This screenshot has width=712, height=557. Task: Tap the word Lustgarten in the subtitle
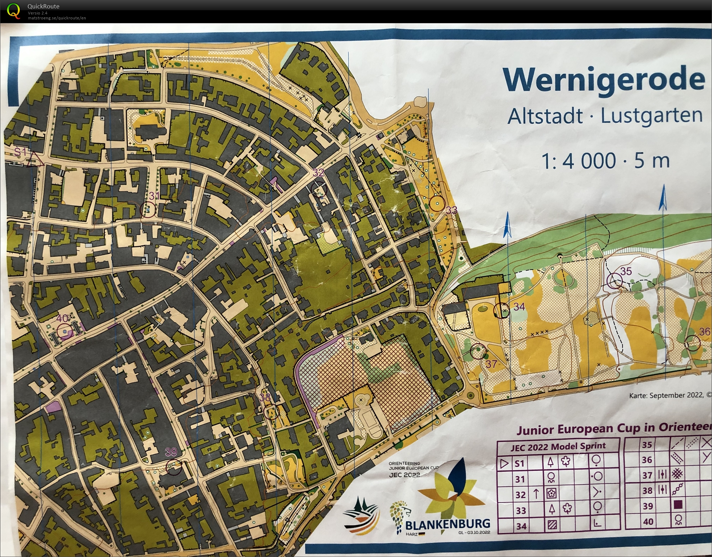tap(651, 116)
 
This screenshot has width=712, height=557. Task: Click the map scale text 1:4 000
tap(579, 161)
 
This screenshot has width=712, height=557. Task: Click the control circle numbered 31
tap(147, 210)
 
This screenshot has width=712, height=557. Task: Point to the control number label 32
tap(318, 172)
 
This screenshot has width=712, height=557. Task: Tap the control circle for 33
tap(437, 204)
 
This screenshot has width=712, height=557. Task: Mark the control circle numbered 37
tap(478, 351)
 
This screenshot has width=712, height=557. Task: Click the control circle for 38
tap(271, 411)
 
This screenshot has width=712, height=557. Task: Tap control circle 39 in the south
tap(174, 467)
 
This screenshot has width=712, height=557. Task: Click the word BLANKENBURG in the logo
tap(448, 524)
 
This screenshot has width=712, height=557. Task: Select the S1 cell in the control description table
tap(519, 463)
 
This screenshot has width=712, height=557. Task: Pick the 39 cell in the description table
tap(648, 506)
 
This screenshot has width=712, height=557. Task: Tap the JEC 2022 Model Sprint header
tap(558, 447)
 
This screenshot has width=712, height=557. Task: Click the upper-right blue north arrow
tap(663, 198)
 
